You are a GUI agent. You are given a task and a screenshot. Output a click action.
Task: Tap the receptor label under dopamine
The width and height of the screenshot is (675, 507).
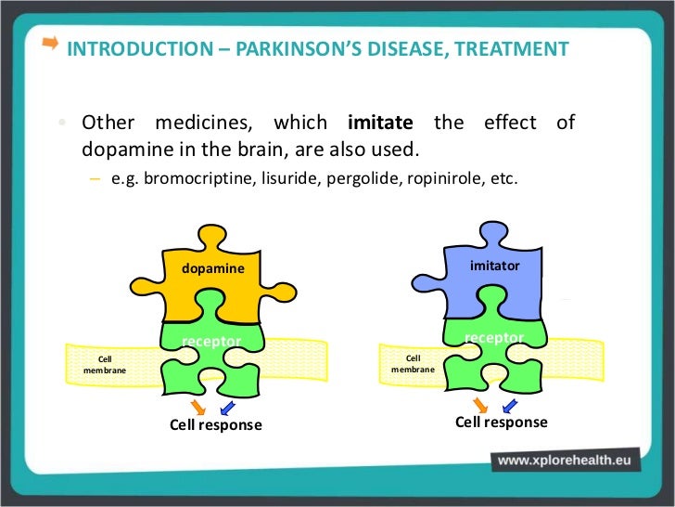coord(211,342)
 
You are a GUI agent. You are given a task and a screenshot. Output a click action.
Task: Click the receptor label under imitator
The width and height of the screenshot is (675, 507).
coord(493,337)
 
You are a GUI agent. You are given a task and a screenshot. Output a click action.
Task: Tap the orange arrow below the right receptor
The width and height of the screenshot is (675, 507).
coord(480,404)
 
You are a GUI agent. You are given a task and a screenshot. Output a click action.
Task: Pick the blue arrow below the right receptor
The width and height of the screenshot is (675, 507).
coord(509,404)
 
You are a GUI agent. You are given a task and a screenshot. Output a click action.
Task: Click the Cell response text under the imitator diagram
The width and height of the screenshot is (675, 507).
coord(501,422)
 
